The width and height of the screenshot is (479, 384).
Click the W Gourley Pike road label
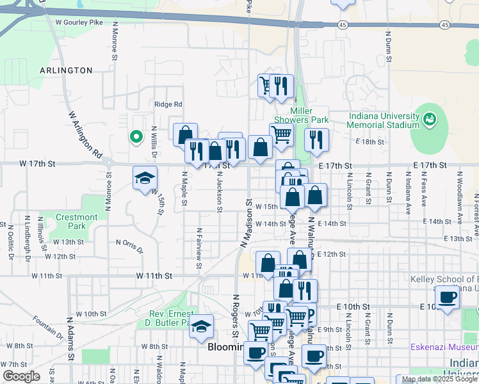pyautogui.click(x=79, y=22)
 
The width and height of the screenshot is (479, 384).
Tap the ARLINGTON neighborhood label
pyautogui.click(x=66, y=70)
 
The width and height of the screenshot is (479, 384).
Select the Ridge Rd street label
pyautogui.click(x=168, y=104)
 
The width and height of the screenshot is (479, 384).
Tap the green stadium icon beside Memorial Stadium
pyautogui.click(x=428, y=118)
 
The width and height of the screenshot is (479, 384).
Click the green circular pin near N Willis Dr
pyautogui.click(x=136, y=136)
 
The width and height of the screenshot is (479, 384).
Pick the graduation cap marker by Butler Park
pyautogui.click(x=202, y=327)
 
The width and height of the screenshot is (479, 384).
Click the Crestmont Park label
pyautogui.click(x=76, y=221)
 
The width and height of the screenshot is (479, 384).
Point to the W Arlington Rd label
pyautogui.click(x=85, y=134)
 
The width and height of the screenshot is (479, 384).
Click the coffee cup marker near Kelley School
pyautogui.click(x=447, y=296)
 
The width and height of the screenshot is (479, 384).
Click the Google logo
pyautogui.click(x=20, y=376)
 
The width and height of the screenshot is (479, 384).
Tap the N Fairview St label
pyautogui.click(x=199, y=243)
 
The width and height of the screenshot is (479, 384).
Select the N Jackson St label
pyautogui.click(x=219, y=188)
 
